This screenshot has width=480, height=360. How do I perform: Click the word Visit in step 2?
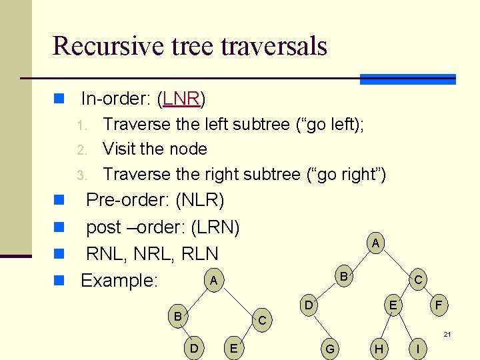point(119,149)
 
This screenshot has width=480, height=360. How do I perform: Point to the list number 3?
point(81,175)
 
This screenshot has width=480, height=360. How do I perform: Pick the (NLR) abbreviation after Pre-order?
point(199,200)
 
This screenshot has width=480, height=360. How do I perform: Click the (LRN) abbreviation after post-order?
point(215,227)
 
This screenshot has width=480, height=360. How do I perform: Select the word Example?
point(119,281)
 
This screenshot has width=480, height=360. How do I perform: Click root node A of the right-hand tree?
point(376,244)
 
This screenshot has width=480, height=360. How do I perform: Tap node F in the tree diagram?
point(438,305)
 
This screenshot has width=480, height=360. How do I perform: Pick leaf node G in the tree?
point(329,349)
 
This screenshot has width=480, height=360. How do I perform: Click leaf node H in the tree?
point(379,349)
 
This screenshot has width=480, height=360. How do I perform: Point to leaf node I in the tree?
point(417,349)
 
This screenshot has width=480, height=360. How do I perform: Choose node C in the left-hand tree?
point(262,321)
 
